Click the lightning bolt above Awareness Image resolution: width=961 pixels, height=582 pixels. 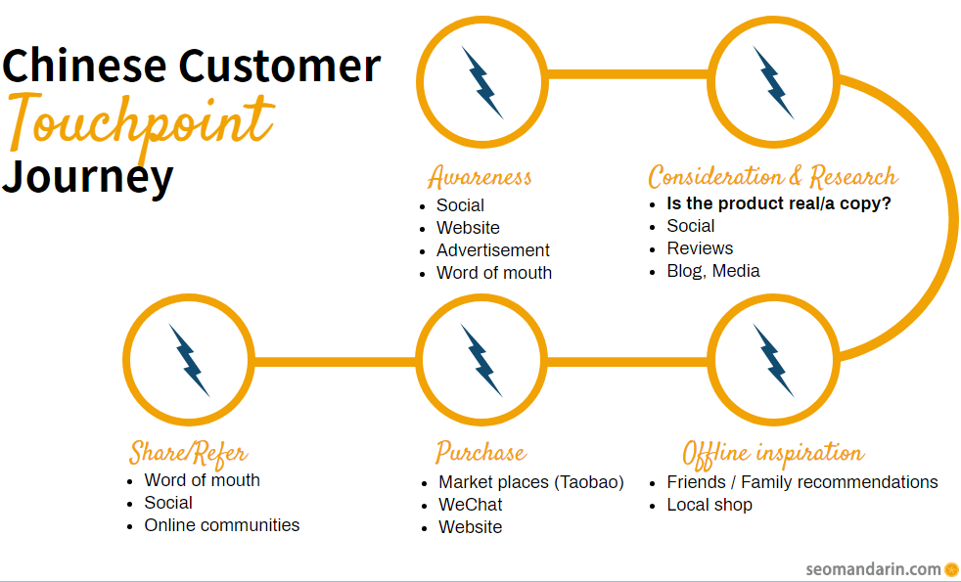(482, 83)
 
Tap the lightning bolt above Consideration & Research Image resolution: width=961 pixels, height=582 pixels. (773, 83)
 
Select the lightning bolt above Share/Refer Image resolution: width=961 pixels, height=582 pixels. (190, 360)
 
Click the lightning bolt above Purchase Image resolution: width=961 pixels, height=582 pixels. (481, 360)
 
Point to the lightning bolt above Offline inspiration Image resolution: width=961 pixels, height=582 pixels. (773, 360)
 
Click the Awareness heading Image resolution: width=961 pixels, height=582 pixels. (480, 177)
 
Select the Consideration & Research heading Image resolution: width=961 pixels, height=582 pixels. (773, 176)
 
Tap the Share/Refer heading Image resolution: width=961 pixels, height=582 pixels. (188, 453)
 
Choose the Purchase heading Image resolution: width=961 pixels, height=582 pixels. (481, 452)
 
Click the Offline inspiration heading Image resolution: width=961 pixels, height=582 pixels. (773, 453)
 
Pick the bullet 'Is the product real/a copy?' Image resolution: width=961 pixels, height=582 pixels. (778, 203)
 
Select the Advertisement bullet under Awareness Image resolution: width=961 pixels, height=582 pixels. (493, 250)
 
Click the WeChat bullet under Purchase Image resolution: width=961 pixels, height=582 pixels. (470, 504)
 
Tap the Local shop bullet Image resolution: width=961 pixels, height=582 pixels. (709, 505)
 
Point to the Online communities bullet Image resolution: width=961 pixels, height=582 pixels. (222, 525)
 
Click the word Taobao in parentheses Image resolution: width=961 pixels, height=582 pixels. (588, 482)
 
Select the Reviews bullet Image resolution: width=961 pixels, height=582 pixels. (700, 248)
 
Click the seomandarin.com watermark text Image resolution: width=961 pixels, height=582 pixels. (873, 569)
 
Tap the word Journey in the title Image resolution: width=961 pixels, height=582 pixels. (88, 177)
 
